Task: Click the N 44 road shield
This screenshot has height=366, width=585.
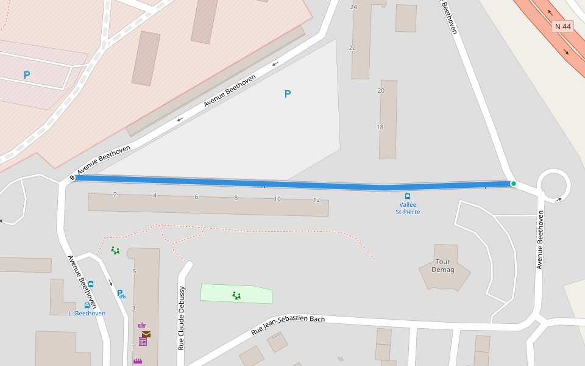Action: (x=563, y=27)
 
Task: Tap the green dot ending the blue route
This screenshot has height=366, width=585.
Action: (x=513, y=183)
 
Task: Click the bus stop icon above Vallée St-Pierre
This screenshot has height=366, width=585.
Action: (x=408, y=196)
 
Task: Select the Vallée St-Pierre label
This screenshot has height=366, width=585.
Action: (x=408, y=208)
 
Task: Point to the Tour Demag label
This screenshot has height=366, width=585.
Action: (x=442, y=265)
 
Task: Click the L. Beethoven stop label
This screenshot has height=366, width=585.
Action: (x=87, y=314)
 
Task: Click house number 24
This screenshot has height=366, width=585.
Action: (x=353, y=7)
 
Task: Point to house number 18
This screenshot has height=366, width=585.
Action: (x=380, y=127)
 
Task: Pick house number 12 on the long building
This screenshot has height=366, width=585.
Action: (x=316, y=200)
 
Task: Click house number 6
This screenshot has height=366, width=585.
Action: (x=196, y=197)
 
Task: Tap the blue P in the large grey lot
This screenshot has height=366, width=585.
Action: (x=288, y=94)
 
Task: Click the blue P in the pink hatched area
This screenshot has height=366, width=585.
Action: (x=27, y=75)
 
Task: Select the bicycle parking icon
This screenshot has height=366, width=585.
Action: (x=121, y=293)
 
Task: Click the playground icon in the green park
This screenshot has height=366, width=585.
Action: (x=236, y=295)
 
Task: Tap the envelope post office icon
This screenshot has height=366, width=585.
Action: (x=146, y=334)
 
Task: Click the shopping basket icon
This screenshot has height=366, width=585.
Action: (x=142, y=325)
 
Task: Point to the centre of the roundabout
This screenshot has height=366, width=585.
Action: (x=553, y=184)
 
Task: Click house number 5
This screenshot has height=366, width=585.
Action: (x=134, y=271)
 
